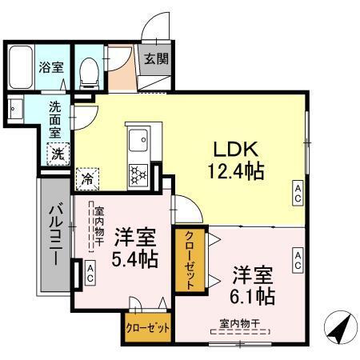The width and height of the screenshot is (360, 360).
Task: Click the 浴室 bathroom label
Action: pyautogui.click(x=52, y=68)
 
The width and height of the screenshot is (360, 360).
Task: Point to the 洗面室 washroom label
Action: pyautogui.click(x=56, y=119)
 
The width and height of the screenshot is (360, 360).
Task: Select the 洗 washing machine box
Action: pyautogui.click(x=58, y=154)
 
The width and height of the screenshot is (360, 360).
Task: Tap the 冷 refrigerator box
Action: pyautogui.click(x=85, y=181)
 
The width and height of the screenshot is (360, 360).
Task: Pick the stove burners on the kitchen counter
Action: pyautogui.click(x=138, y=174)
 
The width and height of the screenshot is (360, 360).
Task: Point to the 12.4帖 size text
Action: pyautogui.click(x=233, y=171)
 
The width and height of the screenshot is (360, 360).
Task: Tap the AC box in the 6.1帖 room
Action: pyautogui.click(x=297, y=258)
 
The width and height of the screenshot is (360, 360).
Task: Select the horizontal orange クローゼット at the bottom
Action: pyautogui.click(x=147, y=328)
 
